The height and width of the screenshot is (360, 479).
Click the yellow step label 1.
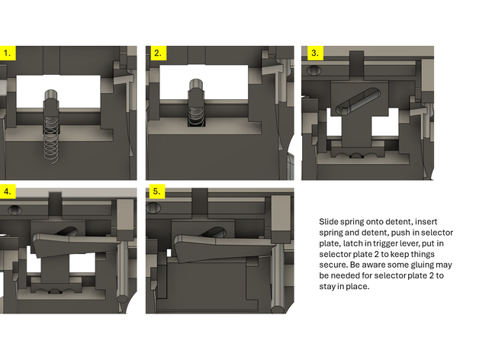8,53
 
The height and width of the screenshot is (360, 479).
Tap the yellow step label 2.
158,53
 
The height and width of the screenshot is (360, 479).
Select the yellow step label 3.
315,53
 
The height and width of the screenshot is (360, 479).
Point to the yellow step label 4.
8,191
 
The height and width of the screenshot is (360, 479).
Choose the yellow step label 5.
157,191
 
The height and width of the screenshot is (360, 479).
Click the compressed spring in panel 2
195,117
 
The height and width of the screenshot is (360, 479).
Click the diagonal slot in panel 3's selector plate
358,101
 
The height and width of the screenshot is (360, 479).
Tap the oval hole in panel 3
313,70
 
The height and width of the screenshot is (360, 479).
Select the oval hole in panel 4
14,210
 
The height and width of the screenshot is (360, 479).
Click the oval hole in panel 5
153,208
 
